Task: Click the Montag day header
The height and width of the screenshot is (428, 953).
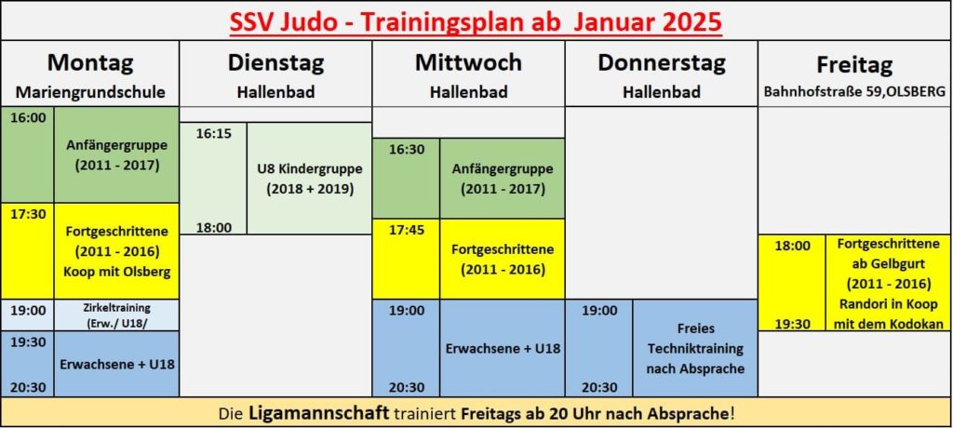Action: coord(90,63)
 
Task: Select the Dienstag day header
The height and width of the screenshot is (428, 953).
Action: coord(275,63)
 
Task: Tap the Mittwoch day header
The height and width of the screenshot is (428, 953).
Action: coord(468,62)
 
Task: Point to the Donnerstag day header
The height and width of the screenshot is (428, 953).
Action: coord(662,63)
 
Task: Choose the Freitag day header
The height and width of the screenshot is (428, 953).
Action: coord(854,64)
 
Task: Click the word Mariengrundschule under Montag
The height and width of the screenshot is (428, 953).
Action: coord(90,92)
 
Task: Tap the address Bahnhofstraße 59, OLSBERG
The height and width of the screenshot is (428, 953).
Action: coord(854,93)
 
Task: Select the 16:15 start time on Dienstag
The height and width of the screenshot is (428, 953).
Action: coord(213,134)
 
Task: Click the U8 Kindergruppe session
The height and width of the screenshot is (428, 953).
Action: coord(309,178)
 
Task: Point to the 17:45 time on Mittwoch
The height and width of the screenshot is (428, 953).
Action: coord(407,230)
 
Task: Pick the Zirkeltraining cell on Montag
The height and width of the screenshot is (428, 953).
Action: coord(116,314)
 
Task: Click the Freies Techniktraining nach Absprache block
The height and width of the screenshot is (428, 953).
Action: coord(695,348)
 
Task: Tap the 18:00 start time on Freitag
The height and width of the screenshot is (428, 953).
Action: coord(792,247)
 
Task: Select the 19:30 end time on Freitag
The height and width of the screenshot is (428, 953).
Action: coord(792,324)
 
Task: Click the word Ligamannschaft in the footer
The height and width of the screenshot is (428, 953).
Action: coord(318,414)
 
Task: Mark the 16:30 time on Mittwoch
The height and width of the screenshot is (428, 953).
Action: coord(407,150)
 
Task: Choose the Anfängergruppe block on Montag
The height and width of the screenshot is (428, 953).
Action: coord(116,155)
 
